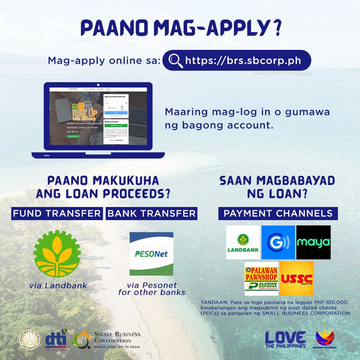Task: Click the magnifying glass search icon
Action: [175, 60]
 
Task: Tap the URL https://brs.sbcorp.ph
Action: [243, 60]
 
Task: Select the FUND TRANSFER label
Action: [57, 213]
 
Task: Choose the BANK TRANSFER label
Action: [151, 213]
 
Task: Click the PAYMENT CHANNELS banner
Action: [278, 213]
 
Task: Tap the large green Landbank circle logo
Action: [57, 253]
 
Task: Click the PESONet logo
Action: [151, 254]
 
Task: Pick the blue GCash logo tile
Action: [278, 242]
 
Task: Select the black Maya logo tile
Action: [313, 242]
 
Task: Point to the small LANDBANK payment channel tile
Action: [243, 242]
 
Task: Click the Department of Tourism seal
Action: [30, 339]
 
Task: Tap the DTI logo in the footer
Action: [56, 339]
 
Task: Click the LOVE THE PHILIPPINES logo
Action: [285, 339]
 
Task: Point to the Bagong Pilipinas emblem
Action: [325, 338]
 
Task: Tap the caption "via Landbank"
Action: [58, 285]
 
